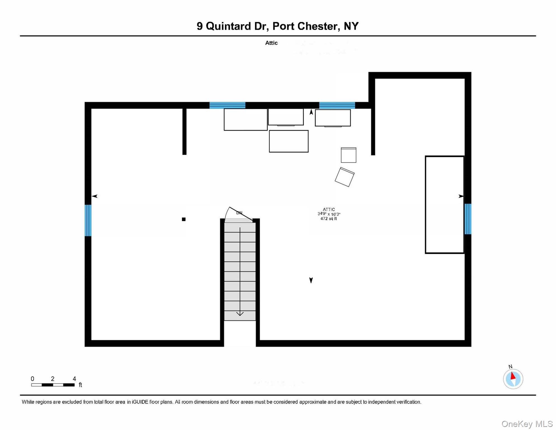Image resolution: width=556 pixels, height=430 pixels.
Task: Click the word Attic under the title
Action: pyautogui.click(x=271, y=43)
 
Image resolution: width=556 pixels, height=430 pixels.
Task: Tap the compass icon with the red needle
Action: pyautogui.click(x=513, y=379)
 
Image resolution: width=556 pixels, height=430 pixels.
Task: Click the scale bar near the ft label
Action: pyautogui.click(x=53, y=385)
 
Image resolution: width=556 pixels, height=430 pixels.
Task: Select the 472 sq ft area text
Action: pyautogui.click(x=329, y=219)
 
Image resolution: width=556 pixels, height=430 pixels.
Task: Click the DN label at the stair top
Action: pyautogui.click(x=239, y=213)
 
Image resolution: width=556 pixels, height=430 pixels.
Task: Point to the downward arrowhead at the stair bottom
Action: pyautogui.click(x=240, y=314)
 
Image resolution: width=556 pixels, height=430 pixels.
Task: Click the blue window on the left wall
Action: pyautogui.click(x=88, y=220)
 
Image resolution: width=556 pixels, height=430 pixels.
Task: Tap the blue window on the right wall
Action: pyautogui.click(x=468, y=219)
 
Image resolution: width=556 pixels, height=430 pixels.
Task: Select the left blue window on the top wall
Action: pyautogui.click(x=227, y=105)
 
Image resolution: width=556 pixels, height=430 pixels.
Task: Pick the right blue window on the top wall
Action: pyautogui.click(x=337, y=105)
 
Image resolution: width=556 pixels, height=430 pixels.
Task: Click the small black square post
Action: pyautogui.click(x=184, y=219)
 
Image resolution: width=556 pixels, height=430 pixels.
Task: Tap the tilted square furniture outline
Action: pyautogui.click(x=345, y=177)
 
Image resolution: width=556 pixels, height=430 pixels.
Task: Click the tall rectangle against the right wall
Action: pyautogui.click(x=444, y=205)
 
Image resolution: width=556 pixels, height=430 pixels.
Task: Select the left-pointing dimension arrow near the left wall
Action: pyautogui.click(x=95, y=196)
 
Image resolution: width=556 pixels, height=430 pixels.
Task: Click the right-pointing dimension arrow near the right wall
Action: pyautogui.click(x=461, y=196)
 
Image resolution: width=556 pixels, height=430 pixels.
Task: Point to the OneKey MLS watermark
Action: pyautogui.click(x=527, y=424)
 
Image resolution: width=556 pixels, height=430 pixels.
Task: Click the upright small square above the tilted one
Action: pyautogui.click(x=348, y=155)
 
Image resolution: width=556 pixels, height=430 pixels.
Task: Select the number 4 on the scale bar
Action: pyautogui.click(x=74, y=379)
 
